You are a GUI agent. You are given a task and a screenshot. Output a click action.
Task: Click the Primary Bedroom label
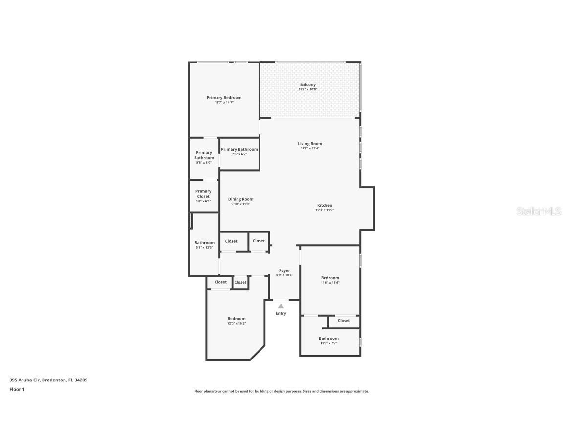point(224,98)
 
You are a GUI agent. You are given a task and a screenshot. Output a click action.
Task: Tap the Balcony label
point(308,85)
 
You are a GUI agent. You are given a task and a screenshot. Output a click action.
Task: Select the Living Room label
point(310,144)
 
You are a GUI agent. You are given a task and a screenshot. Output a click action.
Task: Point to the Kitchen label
point(325,206)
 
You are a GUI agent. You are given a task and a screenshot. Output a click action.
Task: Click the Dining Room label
point(240,199)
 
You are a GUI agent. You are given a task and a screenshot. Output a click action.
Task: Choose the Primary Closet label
point(203,194)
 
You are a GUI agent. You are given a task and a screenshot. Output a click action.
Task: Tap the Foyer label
point(284,271)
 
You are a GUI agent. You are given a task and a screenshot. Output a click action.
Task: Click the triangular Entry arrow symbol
point(281,306)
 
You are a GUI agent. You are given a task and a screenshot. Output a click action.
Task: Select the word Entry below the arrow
point(281,313)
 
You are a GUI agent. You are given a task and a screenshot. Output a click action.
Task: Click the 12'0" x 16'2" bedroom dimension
point(236,323)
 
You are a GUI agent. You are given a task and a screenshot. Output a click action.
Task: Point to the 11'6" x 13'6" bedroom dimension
point(330,282)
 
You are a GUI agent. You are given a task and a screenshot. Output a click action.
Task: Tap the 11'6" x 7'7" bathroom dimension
point(328,343)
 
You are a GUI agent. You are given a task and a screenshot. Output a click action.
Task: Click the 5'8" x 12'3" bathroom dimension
point(204,247)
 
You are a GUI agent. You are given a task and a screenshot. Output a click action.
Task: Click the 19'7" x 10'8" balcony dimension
point(308,89)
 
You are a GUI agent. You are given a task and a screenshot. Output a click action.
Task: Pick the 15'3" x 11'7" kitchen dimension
point(325,210)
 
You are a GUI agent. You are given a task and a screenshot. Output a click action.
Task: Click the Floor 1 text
point(17,389)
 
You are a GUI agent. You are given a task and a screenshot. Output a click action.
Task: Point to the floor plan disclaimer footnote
point(281,391)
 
